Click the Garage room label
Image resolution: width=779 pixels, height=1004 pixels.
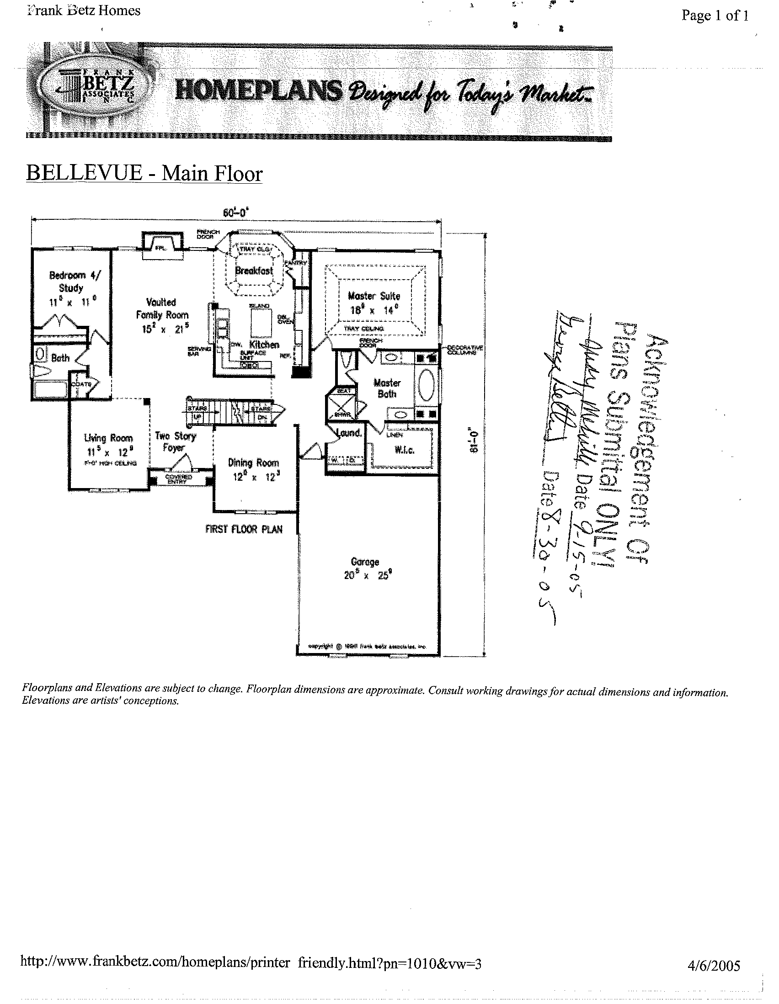365,562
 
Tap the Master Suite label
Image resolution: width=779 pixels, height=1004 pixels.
373,296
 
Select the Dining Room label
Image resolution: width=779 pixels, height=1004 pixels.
253,462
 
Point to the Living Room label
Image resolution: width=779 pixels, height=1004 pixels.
108,438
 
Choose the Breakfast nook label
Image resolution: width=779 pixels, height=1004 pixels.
254,271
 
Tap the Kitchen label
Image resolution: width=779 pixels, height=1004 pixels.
264,344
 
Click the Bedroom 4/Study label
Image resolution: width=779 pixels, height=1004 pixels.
73,282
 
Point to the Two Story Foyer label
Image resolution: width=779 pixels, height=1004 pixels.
175,441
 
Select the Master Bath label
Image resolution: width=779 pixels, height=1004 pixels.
387,388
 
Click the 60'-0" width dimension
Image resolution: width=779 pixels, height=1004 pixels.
235,212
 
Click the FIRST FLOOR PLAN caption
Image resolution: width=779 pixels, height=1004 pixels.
244,529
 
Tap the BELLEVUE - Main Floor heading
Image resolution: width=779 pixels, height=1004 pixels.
144,173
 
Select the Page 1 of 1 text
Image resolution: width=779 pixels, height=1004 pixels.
715,16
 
